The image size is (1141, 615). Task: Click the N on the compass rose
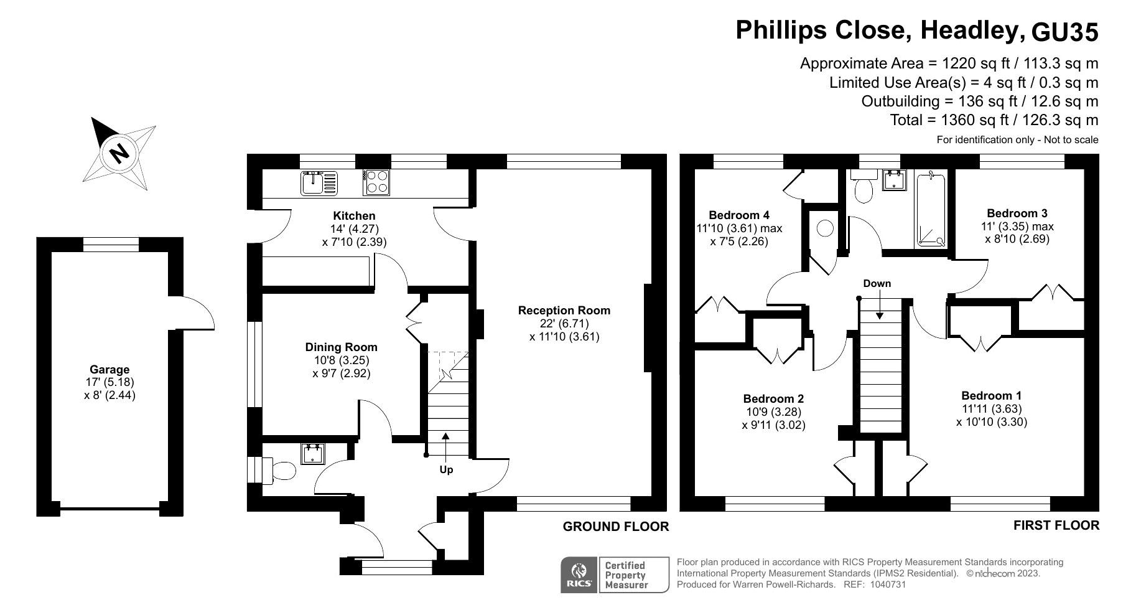click(x=118, y=153)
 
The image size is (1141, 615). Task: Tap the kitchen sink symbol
click(x=319, y=183)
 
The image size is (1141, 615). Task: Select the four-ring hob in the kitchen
click(x=376, y=182)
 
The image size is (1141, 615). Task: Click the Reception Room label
click(x=564, y=310)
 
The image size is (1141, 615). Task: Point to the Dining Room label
click(x=341, y=347)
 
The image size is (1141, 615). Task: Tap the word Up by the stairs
click(x=446, y=469)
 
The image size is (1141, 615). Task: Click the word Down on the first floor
click(x=877, y=283)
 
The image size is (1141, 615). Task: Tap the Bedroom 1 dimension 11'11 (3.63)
click(x=992, y=409)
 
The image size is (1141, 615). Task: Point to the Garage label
click(x=109, y=369)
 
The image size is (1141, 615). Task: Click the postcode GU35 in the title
click(x=1065, y=32)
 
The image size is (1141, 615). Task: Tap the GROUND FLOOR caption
click(x=616, y=527)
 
